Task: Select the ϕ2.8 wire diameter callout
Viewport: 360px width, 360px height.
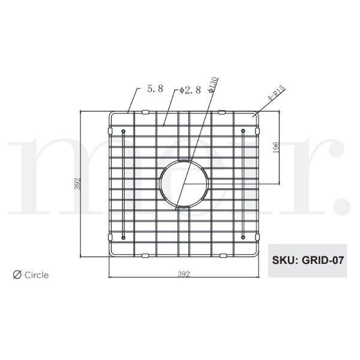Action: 190,90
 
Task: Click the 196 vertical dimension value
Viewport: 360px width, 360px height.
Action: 274,148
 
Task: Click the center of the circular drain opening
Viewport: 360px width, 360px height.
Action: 184,183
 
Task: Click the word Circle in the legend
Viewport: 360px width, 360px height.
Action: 37,275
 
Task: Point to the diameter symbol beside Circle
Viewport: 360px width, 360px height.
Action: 17,275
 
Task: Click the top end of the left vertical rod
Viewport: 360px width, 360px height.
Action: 123,130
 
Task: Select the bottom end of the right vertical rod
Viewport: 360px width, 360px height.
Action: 243,238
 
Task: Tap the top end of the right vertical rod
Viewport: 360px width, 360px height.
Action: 243,130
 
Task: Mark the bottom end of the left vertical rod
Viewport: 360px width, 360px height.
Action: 123,238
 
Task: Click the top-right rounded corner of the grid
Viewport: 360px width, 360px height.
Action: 256,115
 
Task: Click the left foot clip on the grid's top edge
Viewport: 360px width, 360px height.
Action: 145,112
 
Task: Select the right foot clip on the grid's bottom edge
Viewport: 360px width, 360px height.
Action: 222,256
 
